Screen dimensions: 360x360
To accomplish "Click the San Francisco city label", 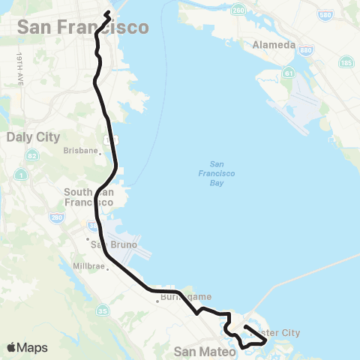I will (82, 27).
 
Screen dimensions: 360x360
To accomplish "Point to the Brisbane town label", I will (81, 150).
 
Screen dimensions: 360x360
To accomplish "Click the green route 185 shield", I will (346, 61).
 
